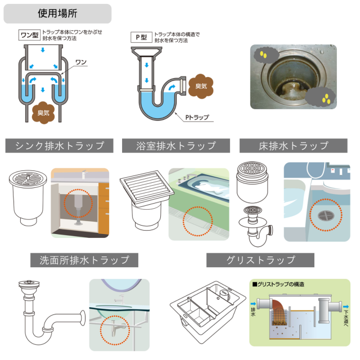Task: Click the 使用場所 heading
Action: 57,13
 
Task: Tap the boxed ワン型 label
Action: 29,35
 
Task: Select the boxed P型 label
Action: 141,37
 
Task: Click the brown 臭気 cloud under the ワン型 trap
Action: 43,112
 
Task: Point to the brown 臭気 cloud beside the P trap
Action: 201,86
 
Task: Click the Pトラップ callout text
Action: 197,118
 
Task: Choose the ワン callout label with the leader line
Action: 81,62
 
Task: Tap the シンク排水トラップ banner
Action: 59,146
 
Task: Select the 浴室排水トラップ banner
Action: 176,146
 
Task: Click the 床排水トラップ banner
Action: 294,146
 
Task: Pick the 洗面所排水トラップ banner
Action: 84,260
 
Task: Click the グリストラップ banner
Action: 260,260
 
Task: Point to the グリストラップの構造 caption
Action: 278,284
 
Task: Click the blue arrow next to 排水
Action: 253,304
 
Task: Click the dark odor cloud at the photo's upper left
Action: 266,55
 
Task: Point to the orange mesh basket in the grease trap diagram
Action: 280,317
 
